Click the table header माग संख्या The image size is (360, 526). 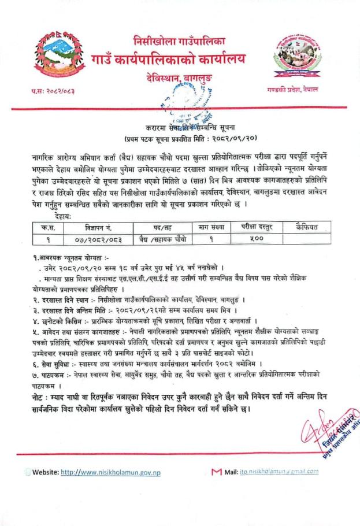[210, 227]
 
